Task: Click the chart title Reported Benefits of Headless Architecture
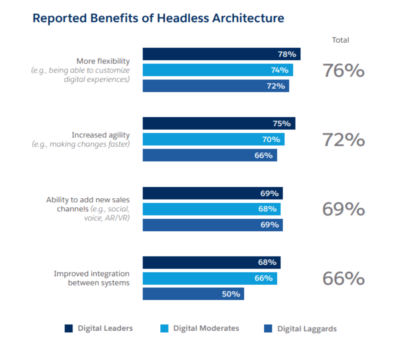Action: [x=158, y=19]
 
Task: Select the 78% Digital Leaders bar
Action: [x=221, y=54]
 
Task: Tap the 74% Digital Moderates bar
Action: [x=217, y=70]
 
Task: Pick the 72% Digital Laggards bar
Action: [x=215, y=86]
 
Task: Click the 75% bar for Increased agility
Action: [x=219, y=123]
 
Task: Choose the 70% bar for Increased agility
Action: [x=213, y=139]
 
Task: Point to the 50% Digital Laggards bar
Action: [x=193, y=294]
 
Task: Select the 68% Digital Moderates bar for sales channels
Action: [x=211, y=209]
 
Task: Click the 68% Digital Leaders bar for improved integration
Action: [x=211, y=262]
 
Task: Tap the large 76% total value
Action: [x=343, y=70]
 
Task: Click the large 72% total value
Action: [x=343, y=140]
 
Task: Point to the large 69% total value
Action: [x=343, y=209]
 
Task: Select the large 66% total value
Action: [x=343, y=279]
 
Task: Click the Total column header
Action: [x=341, y=40]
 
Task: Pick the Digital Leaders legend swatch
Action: [x=69, y=328]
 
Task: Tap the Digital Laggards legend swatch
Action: [x=268, y=329]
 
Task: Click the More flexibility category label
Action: [x=103, y=61]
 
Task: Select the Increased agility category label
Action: [x=101, y=135]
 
